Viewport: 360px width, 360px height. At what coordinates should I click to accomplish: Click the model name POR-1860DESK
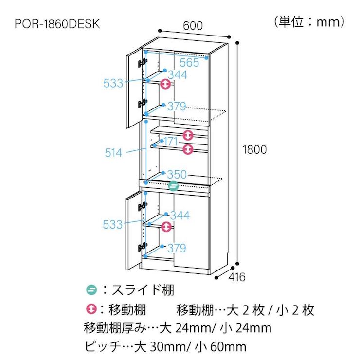57,24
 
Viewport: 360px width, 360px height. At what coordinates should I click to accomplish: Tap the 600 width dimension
193,26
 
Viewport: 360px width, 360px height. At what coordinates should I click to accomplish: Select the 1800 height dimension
254,150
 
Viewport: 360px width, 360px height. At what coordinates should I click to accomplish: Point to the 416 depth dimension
237,277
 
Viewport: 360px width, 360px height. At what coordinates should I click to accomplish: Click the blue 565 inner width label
189,62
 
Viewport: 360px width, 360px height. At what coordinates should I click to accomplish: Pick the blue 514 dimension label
113,153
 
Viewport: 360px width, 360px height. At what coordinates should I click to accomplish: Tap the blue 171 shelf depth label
171,141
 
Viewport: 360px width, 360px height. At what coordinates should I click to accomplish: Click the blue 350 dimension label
177,175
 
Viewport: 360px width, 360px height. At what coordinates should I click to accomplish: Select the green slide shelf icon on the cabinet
173,186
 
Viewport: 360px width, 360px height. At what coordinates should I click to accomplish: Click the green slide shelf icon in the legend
91,290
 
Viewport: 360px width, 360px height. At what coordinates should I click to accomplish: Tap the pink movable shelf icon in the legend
91,309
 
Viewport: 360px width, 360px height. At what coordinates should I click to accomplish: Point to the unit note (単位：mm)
309,22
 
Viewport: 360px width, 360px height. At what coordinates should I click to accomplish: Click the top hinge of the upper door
143,63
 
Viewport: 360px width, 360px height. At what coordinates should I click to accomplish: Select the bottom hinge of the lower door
143,248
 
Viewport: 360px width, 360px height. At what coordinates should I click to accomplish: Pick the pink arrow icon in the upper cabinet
165,84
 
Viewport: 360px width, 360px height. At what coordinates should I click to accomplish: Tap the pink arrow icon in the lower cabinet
166,227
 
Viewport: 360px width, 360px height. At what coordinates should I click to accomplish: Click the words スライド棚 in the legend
143,290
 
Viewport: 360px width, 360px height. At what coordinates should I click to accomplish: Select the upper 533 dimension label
113,83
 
